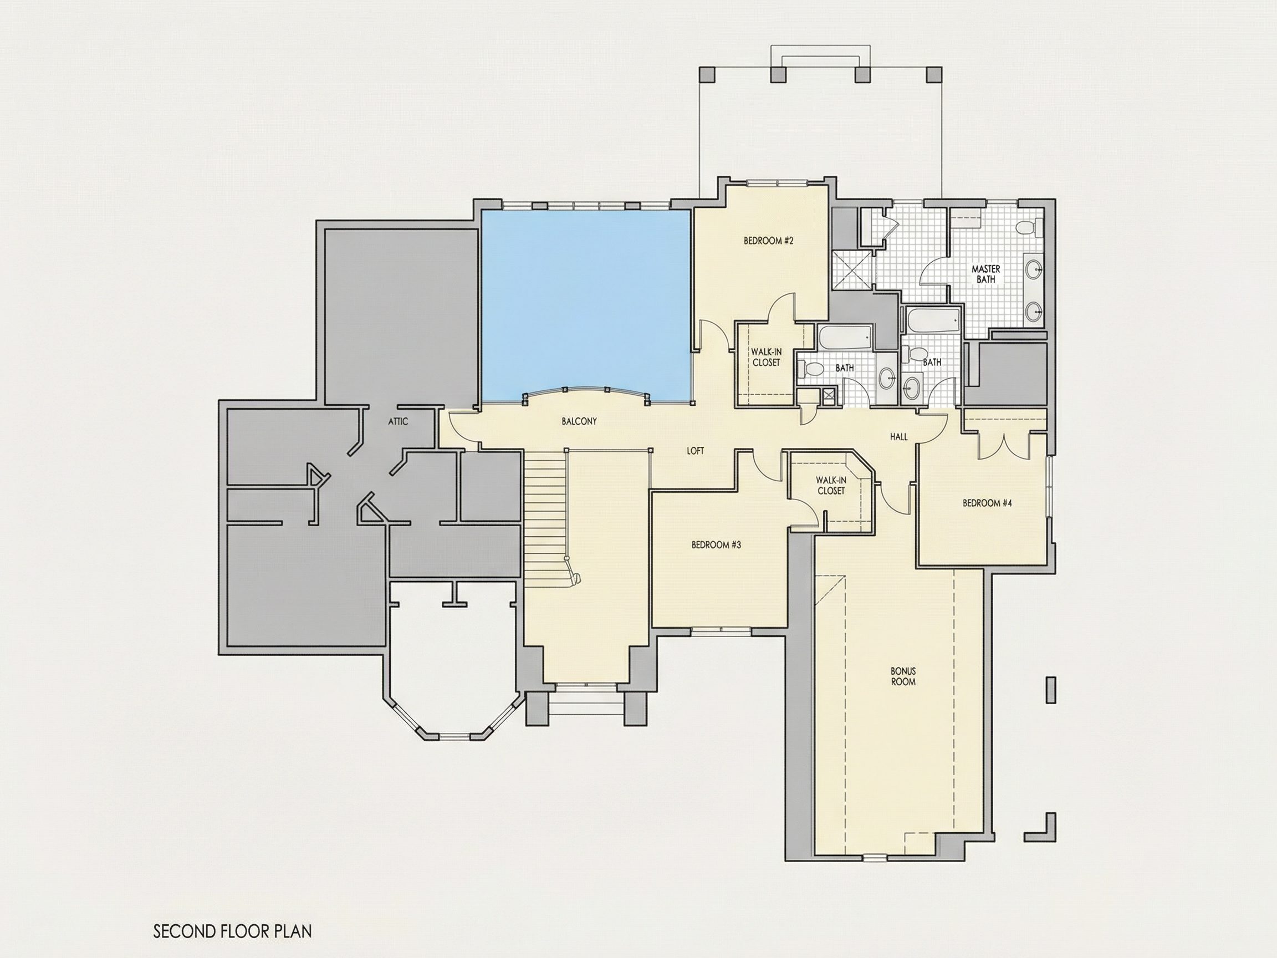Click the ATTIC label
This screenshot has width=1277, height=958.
point(398,421)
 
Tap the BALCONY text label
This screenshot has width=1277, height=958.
point(579,421)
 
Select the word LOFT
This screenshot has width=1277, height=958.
point(696,451)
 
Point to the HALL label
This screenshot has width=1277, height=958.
point(899,437)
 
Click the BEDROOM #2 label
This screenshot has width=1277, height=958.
point(768,241)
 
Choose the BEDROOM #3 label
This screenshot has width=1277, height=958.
point(716,544)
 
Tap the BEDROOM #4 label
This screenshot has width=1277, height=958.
point(987,503)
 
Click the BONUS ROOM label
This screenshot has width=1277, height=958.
point(903,676)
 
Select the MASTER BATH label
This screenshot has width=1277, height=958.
point(986,274)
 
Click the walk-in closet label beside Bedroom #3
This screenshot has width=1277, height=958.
point(831,485)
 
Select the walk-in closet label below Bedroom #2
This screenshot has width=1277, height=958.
point(766,357)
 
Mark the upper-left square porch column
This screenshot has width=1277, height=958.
point(707,74)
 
